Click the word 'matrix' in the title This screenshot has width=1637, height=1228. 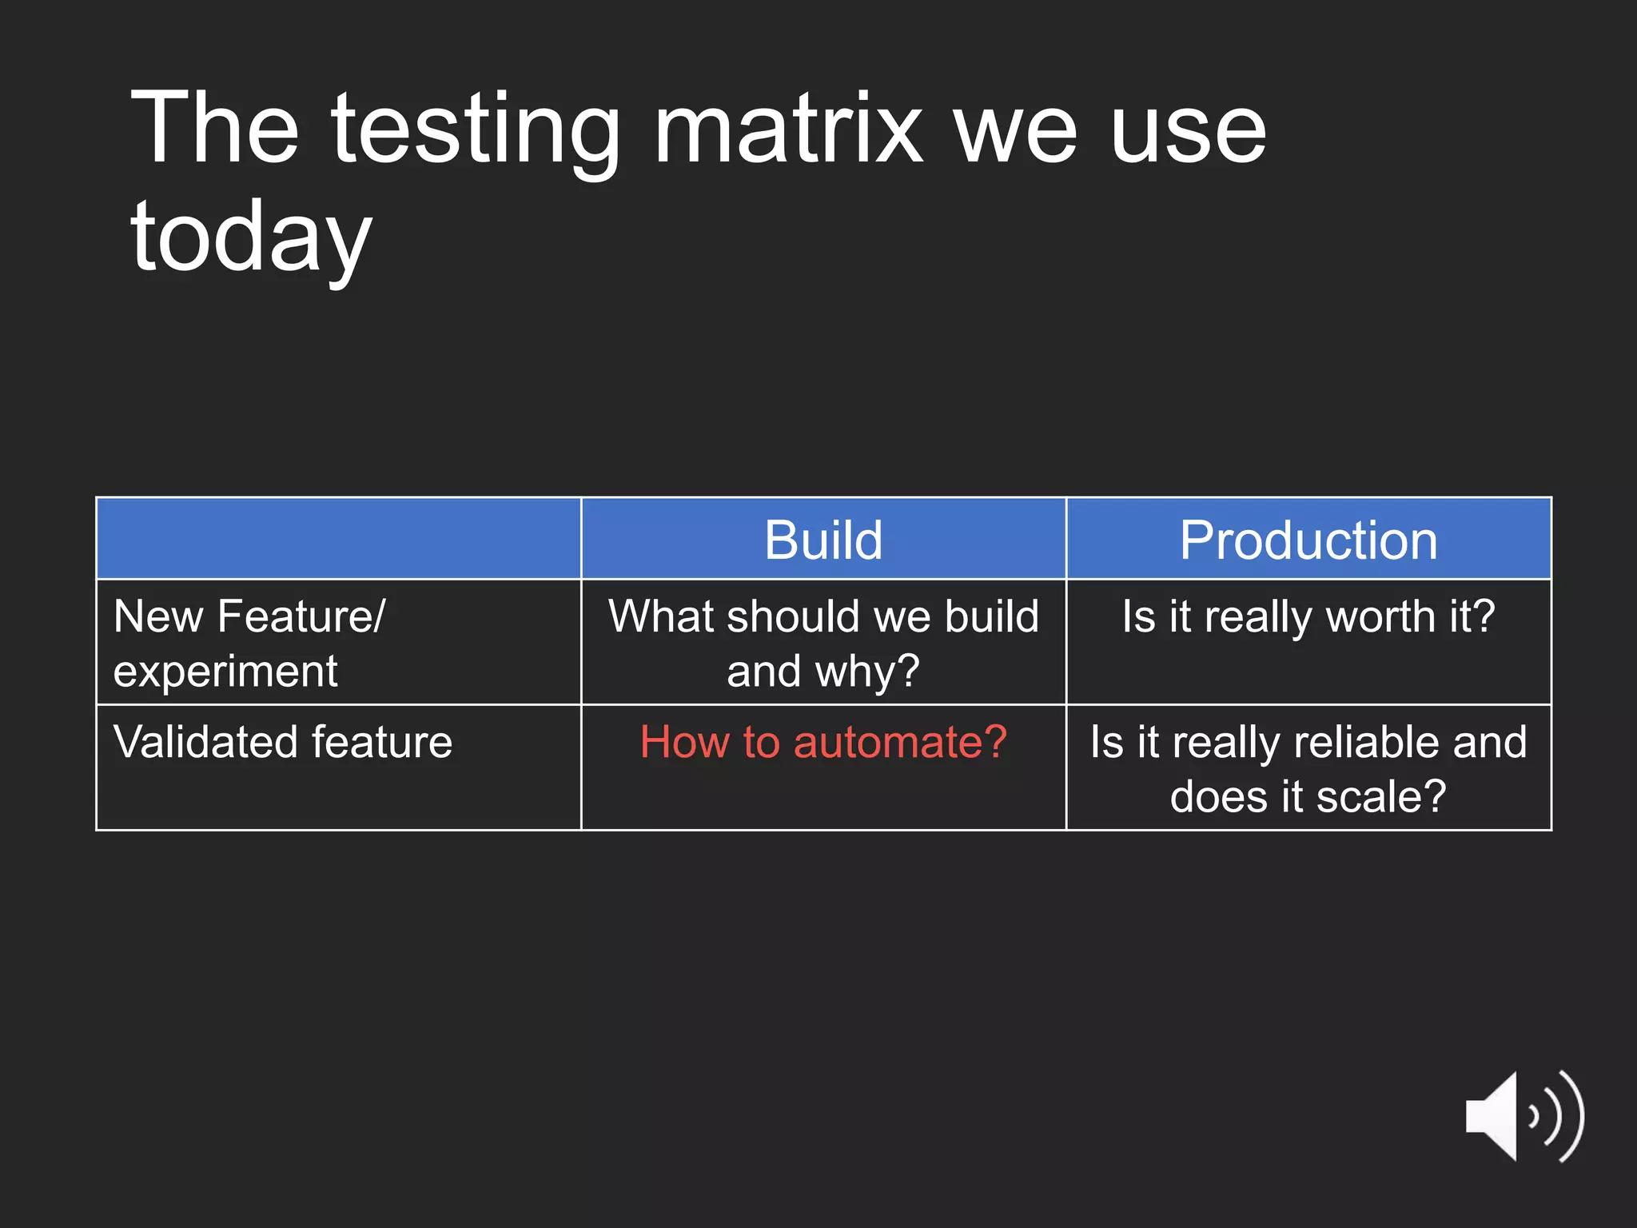pos(787,130)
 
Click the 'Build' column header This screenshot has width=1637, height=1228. pos(823,540)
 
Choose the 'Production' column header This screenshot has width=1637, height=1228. pos(1308,540)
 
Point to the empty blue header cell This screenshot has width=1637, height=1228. pos(338,538)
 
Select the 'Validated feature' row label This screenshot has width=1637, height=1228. pos(283,742)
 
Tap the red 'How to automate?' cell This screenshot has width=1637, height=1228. pos(823,742)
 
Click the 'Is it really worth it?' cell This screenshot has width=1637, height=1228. pos(1308,617)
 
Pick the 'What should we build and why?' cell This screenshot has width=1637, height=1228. pos(823,643)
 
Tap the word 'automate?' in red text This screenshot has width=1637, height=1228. pos(899,742)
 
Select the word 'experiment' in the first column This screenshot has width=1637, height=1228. pos(225,672)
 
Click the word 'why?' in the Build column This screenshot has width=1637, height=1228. pos(867,672)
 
